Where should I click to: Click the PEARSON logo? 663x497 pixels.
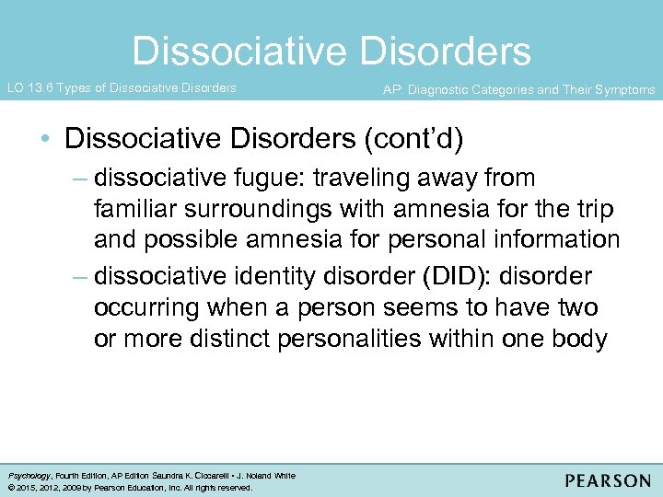[x=608, y=480]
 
